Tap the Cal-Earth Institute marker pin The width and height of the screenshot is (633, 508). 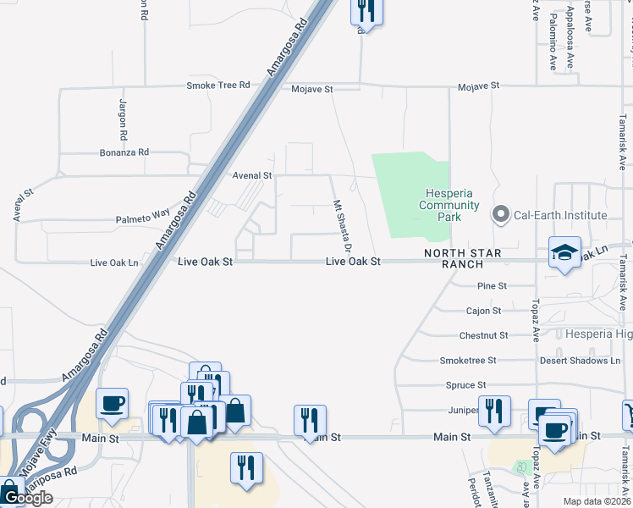click(501, 215)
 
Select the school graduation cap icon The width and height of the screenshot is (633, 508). click(564, 252)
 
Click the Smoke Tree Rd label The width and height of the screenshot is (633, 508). click(218, 86)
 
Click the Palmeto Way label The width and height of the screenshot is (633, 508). click(143, 220)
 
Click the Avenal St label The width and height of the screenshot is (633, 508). click(252, 175)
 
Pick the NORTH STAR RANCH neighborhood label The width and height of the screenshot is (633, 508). click(463, 258)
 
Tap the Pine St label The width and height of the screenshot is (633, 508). click(492, 286)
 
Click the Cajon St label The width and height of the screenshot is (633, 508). click(483, 311)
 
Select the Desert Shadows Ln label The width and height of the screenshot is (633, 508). click(580, 361)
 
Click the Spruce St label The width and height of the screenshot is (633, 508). click(460, 385)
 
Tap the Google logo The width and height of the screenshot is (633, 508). click(27, 499)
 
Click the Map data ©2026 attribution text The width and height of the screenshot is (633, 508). click(597, 501)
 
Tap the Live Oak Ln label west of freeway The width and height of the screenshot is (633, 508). click(114, 263)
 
